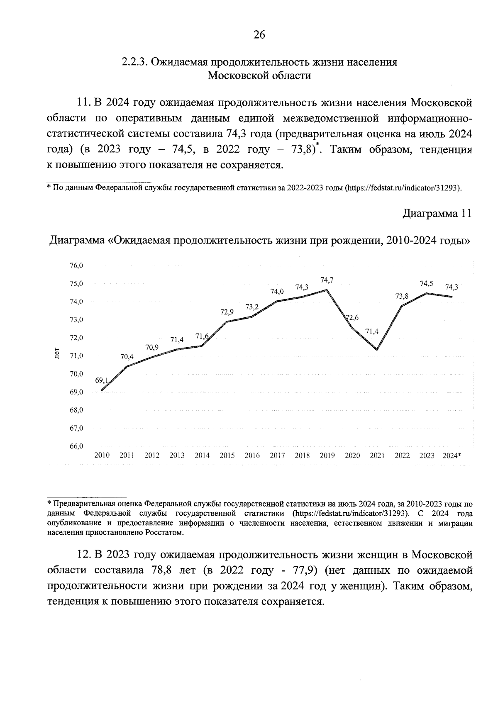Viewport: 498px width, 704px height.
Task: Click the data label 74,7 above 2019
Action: coord(327,280)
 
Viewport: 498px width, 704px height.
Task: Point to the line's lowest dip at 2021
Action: coord(377,349)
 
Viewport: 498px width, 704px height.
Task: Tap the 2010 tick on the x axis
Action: coord(102,455)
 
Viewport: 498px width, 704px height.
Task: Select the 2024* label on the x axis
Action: coord(452,455)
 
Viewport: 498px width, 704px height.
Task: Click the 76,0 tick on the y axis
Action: coord(76,266)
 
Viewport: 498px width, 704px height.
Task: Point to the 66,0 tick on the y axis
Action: coord(76,446)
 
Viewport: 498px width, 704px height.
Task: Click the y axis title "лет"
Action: coord(57,353)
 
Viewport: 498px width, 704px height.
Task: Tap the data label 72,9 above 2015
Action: coord(227,312)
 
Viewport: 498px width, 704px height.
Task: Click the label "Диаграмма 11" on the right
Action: coord(437,214)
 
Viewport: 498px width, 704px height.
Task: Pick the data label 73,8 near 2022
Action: coord(401,296)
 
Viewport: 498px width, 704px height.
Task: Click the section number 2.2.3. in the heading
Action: coord(134,62)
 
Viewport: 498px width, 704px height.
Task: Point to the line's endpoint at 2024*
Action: coord(452,297)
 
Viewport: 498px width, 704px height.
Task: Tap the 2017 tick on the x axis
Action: coord(277,455)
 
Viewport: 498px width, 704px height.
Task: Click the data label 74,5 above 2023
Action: coord(427,284)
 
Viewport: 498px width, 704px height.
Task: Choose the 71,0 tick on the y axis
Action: coord(76,356)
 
